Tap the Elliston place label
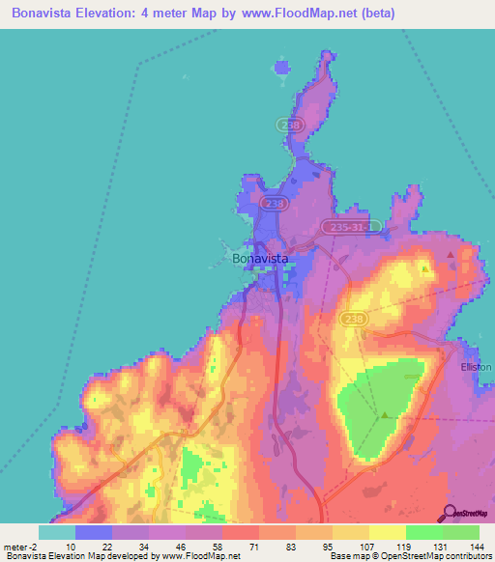click(x=476, y=368)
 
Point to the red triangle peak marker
click(x=451, y=254)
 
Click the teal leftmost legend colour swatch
click(x=56, y=532)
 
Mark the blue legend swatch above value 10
click(x=93, y=532)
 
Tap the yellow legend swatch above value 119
click(x=387, y=532)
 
